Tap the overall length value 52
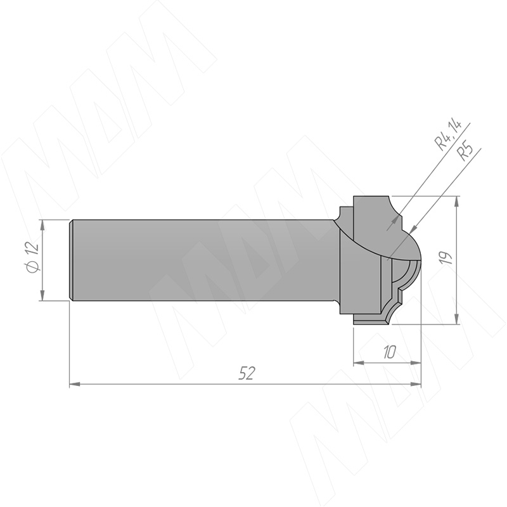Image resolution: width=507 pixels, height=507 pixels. (247, 373)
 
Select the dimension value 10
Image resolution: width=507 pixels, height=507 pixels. (389, 352)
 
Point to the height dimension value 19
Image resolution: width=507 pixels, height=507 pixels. (446, 258)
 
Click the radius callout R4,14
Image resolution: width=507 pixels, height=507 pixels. (448, 135)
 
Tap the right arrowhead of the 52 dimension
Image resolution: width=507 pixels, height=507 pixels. (416, 384)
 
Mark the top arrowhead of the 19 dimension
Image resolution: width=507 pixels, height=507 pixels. (456, 201)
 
